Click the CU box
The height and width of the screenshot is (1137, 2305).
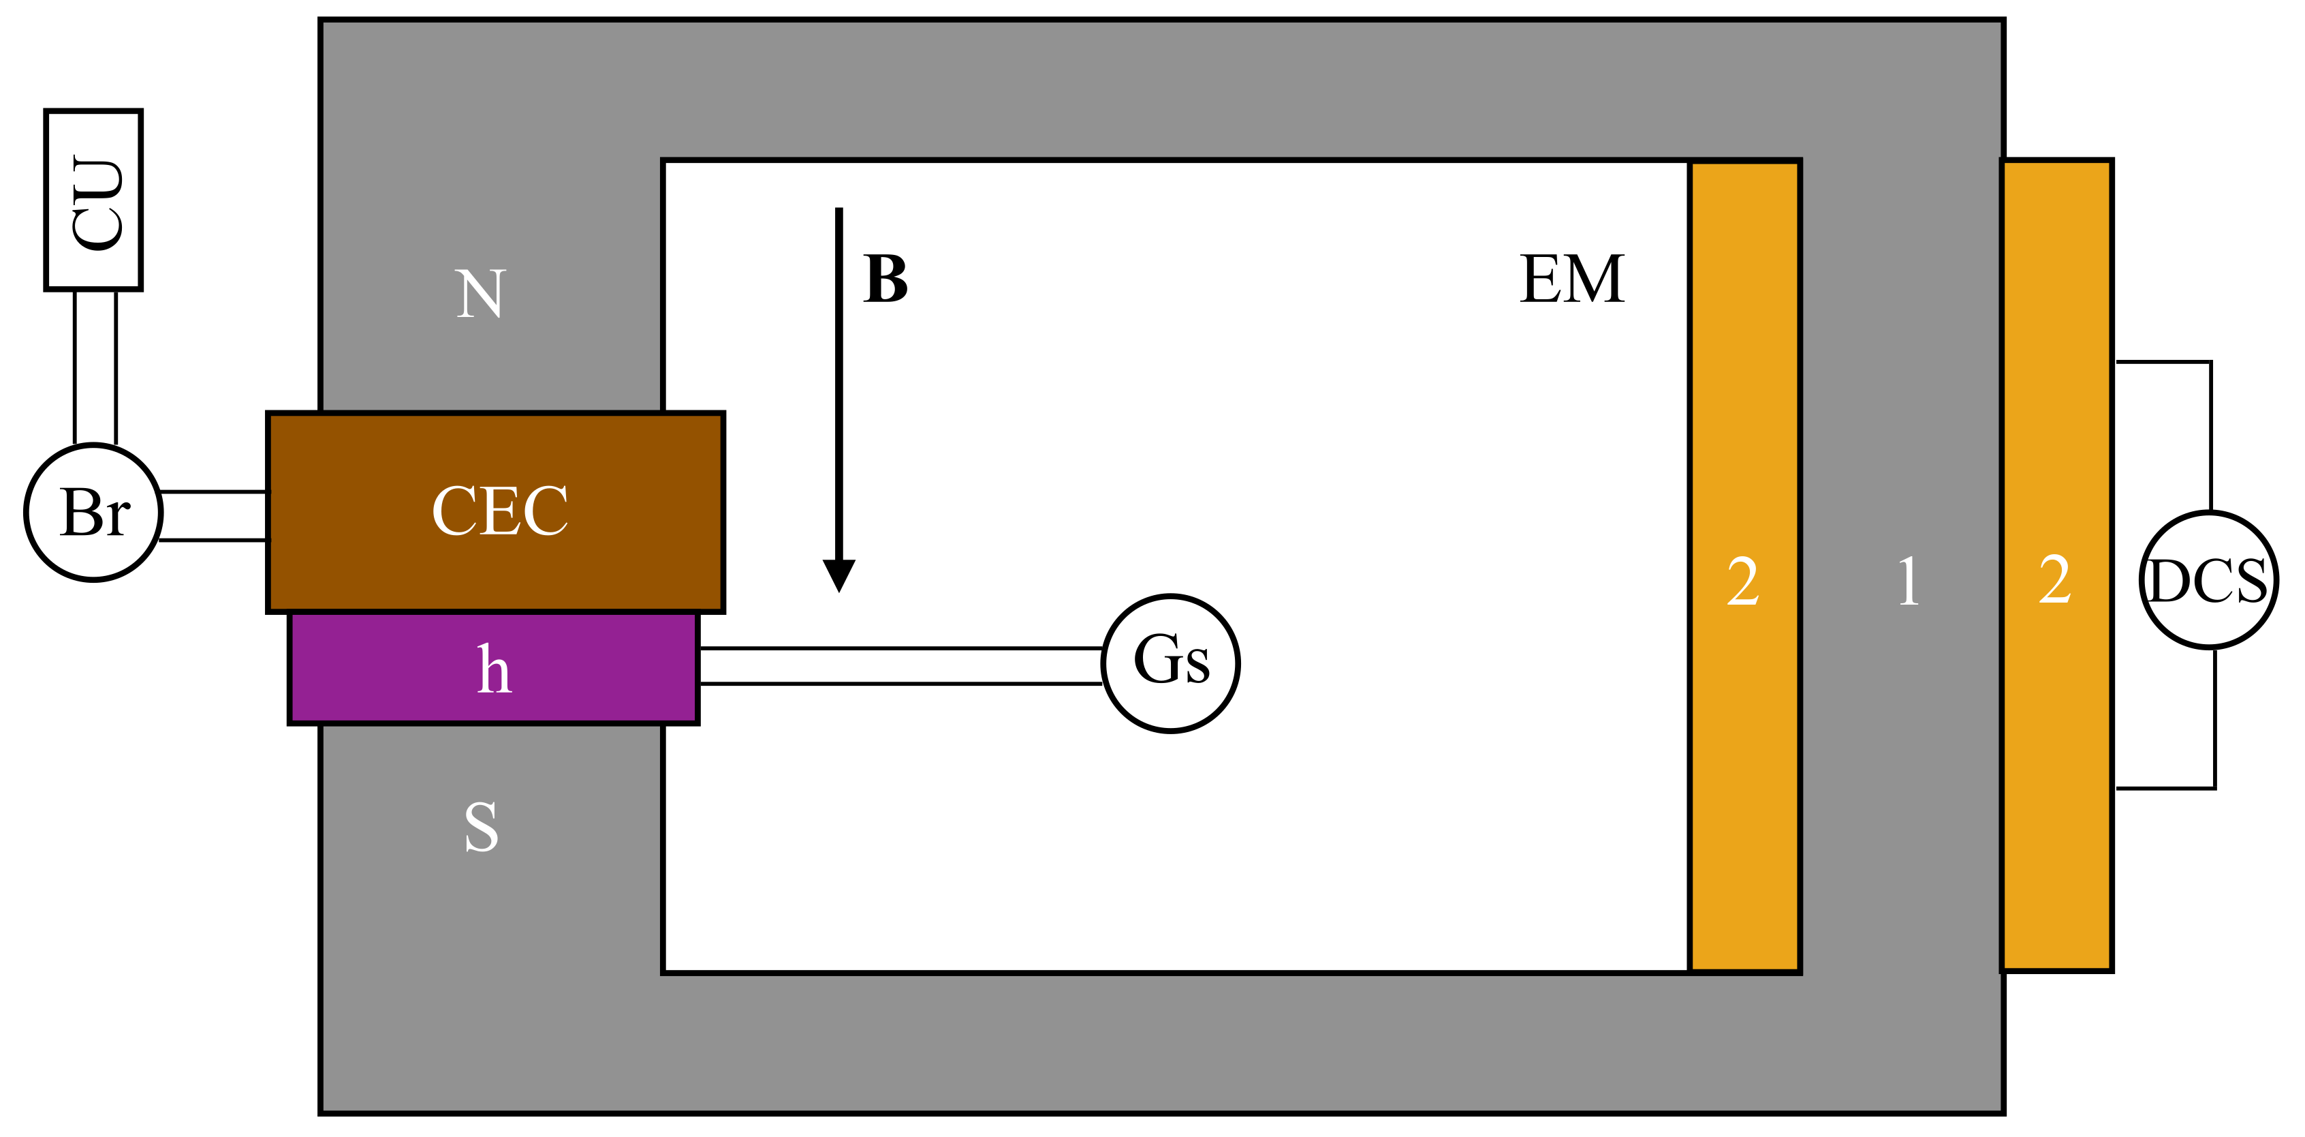click(x=94, y=200)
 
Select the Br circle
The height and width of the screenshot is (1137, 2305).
click(x=94, y=512)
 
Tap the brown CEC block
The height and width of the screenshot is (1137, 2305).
click(x=496, y=512)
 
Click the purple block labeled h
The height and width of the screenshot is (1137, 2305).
click(x=494, y=669)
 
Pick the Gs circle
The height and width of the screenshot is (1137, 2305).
click(x=1170, y=663)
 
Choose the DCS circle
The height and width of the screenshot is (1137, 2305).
click(x=2208, y=580)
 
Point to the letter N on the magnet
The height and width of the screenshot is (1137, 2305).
click(x=480, y=294)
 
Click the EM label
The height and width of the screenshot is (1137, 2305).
click(x=1572, y=279)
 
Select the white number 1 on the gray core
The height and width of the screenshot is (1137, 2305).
click(x=1908, y=581)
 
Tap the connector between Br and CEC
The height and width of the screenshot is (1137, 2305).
click(x=213, y=516)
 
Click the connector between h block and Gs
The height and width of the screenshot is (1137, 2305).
click(x=899, y=665)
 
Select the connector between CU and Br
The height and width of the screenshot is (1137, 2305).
click(x=95, y=367)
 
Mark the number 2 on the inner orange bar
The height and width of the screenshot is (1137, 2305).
click(x=1743, y=582)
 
